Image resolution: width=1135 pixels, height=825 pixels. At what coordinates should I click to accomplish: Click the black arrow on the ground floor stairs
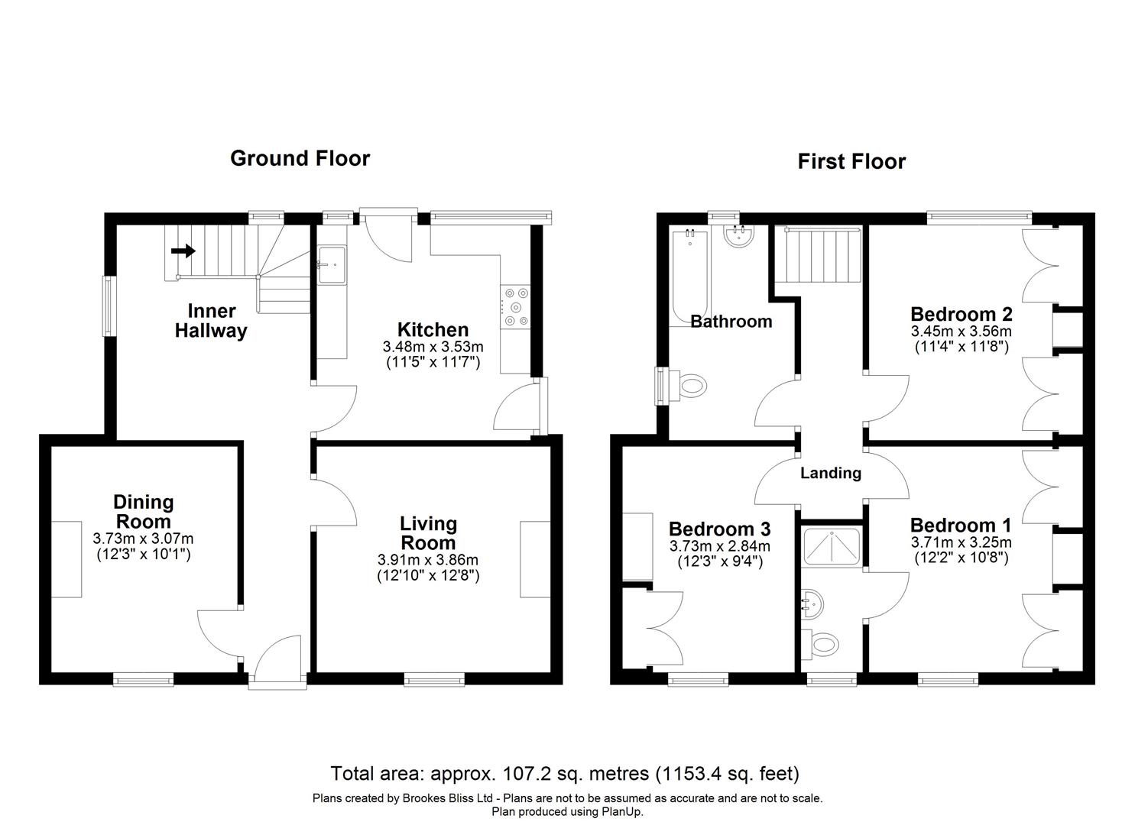[x=184, y=251]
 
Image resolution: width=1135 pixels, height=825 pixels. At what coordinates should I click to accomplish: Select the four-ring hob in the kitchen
[x=515, y=306]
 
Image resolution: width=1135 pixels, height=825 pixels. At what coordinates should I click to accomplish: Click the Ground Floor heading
[x=300, y=158]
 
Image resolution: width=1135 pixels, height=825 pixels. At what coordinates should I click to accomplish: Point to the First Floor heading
[x=851, y=161]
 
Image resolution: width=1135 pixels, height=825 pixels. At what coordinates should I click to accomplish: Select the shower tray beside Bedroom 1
[x=832, y=546]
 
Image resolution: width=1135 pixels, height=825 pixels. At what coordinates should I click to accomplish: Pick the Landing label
[x=830, y=473]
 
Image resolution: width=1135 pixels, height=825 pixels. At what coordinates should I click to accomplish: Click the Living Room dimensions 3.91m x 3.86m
[x=428, y=561]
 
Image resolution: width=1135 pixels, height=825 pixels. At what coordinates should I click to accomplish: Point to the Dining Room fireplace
[x=67, y=558]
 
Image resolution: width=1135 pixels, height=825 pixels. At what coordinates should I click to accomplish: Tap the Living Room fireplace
[x=535, y=558]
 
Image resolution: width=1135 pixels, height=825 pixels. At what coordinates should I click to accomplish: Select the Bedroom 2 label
[x=961, y=314]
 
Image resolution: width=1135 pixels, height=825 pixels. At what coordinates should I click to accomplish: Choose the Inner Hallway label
[x=211, y=321]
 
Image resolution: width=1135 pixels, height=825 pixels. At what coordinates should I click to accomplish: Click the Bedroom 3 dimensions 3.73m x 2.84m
[x=719, y=547]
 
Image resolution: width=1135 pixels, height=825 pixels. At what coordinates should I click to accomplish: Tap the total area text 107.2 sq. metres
[x=564, y=774]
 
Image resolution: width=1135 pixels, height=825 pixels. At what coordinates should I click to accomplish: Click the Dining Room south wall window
[x=144, y=678]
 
